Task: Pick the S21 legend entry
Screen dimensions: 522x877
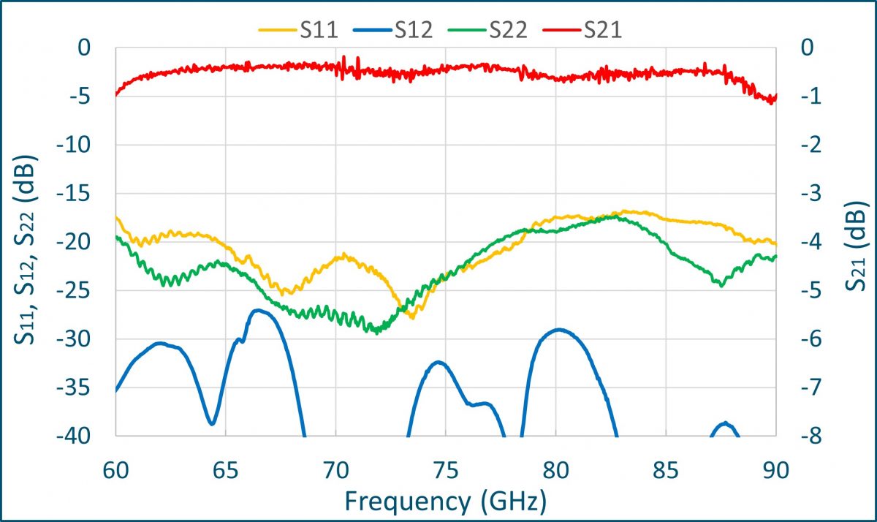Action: point(599,30)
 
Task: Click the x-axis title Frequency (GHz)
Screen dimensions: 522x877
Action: point(445,501)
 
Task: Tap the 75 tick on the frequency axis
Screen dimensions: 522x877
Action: point(445,469)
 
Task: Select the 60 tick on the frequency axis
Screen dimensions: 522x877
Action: point(115,469)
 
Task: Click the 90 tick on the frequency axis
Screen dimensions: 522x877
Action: point(775,469)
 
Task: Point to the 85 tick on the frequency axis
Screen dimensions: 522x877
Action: point(666,469)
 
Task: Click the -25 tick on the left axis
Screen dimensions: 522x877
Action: point(80,291)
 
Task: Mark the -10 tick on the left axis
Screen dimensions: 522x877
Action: point(80,145)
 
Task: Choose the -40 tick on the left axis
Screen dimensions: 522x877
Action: point(80,436)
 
